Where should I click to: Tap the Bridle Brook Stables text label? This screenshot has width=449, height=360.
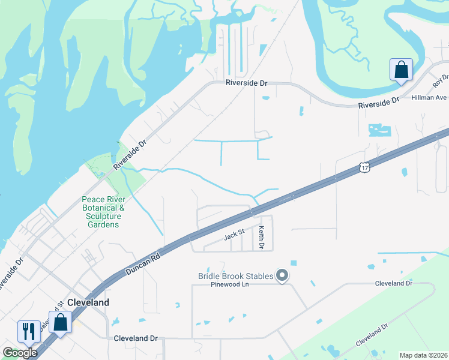click(x=235, y=276)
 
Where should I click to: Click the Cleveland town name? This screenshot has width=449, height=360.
click(x=88, y=302)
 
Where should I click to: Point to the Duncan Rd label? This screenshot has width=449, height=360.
click(x=143, y=263)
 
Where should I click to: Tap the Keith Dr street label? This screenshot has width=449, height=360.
click(x=261, y=237)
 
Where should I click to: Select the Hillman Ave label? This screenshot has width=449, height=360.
click(x=429, y=97)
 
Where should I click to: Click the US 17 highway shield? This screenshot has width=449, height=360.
click(x=364, y=167)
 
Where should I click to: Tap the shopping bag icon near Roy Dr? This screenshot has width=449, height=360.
click(x=401, y=70)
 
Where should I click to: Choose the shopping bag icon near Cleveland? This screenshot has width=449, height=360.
click(x=60, y=323)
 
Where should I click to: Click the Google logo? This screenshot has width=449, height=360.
click(x=20, y=353)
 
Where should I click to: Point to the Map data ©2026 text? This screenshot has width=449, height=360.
click(x=423, y=355)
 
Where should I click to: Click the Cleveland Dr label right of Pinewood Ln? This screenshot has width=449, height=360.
click(x=393, y=283)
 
